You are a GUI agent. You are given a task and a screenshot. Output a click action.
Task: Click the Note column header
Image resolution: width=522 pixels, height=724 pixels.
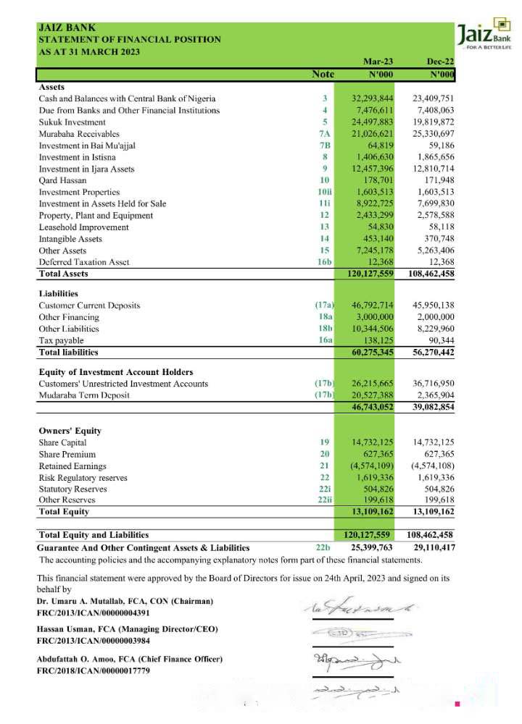[323, 75]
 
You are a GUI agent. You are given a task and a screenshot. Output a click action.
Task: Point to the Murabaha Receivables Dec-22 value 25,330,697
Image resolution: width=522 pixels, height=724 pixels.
[433, 133]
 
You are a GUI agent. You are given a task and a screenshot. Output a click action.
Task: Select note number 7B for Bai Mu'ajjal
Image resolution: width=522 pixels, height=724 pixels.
[324, 145]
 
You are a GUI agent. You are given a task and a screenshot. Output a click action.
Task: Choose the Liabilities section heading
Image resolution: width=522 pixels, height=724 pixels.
[58, 293]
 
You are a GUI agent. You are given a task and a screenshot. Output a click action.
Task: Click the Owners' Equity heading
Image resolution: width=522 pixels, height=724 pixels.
[70, 431]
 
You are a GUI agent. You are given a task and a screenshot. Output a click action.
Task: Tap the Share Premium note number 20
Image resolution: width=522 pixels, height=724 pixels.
[324, 454]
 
